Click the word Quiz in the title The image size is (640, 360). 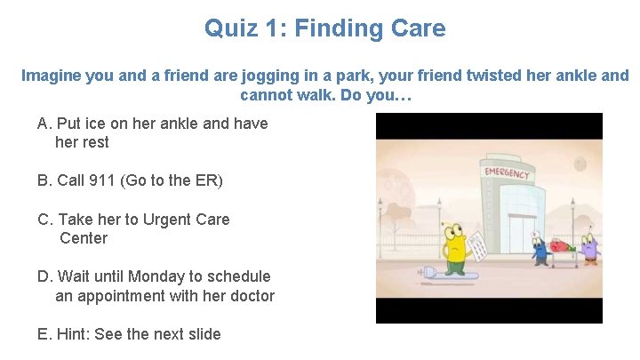228,28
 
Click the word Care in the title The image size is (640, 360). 416,28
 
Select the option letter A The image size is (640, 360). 44,124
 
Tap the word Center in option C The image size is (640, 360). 84,238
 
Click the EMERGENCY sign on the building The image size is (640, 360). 506,171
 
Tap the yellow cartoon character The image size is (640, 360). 454,249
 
